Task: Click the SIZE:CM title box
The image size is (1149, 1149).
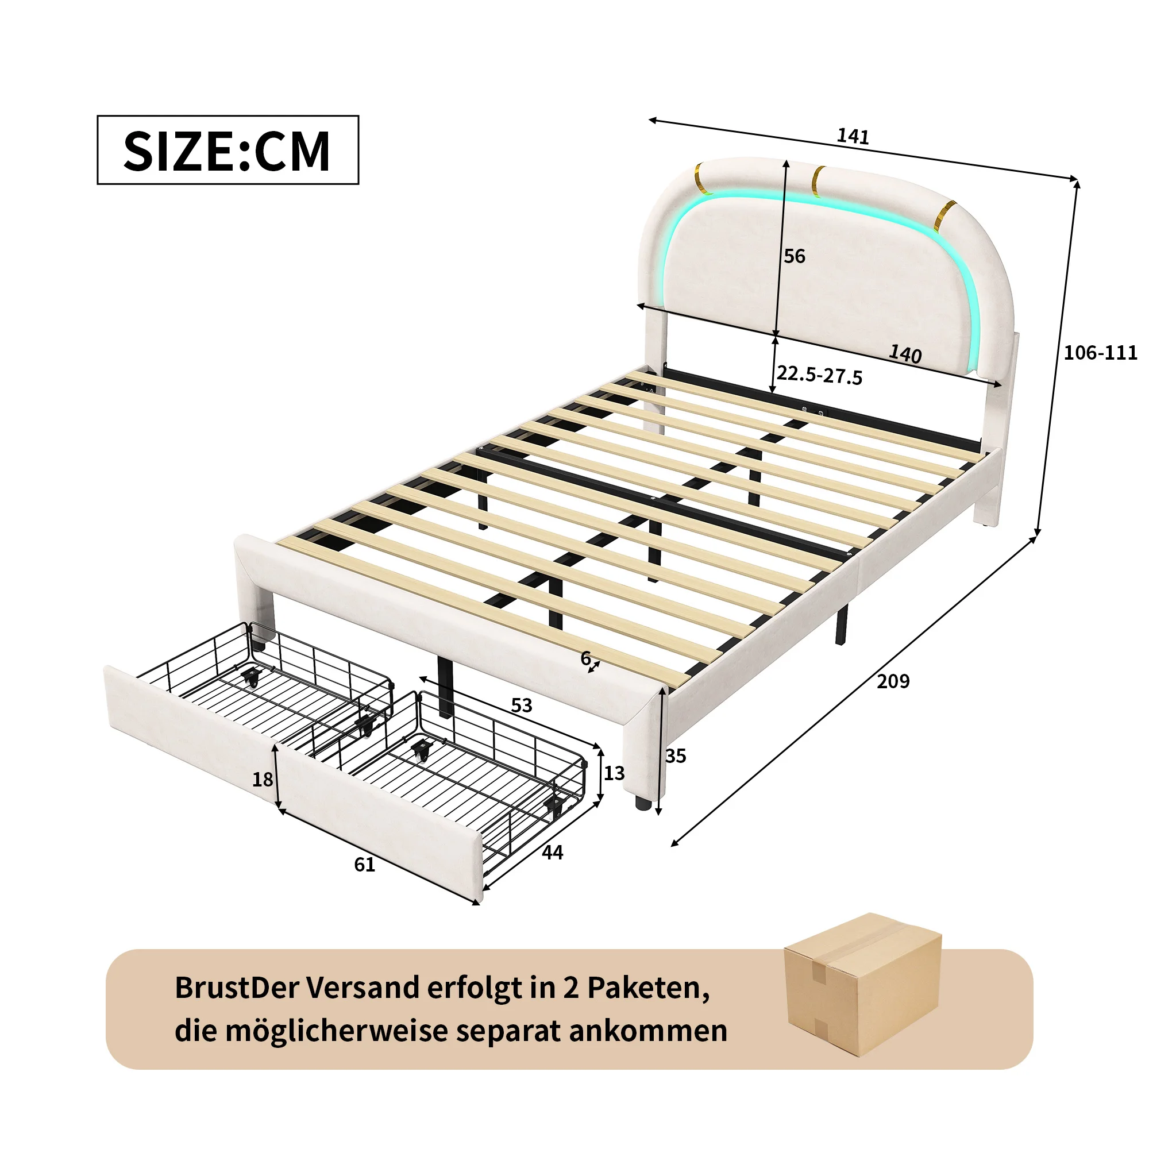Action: tap(228, 150)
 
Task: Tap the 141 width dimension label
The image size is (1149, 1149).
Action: tap(853, 137)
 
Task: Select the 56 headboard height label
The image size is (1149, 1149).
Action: tap(794, 256)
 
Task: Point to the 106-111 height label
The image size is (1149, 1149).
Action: tap(1100, 353)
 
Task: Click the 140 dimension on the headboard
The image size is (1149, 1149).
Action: tap(905, 354)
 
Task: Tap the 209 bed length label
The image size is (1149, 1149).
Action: tap(893, 681)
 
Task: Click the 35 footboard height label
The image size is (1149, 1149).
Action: tap(676, 756)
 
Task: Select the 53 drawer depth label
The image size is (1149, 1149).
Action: tap(522, 705)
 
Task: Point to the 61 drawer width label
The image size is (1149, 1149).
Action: tap(365, 865)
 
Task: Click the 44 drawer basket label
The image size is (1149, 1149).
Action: tap(552, 853)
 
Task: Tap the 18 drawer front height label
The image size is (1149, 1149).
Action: tap(263, 780)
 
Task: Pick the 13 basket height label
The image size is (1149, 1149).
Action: tap(614, 773)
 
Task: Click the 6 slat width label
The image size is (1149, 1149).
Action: tap(585, 658)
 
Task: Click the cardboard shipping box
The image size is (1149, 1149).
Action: tap(862, 984)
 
